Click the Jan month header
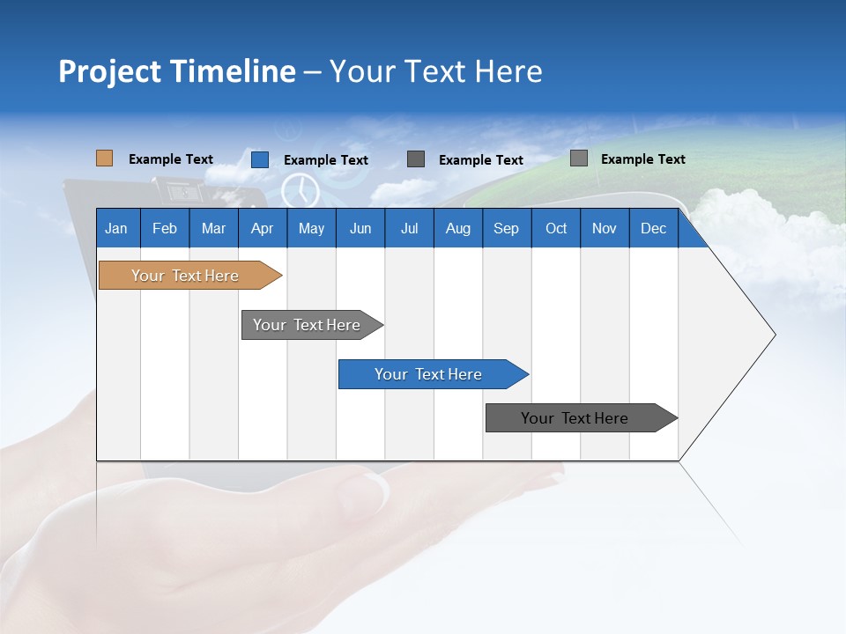point(117,228)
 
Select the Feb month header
point(165,228)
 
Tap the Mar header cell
point(213,228)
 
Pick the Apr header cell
point(263,228)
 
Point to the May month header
point(311,228)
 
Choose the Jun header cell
point(360,228)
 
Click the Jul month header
point(409,228)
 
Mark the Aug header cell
point(458,228)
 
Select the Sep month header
point(507,228)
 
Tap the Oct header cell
point(556,228)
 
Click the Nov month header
point(605,228)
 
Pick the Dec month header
point(654,228)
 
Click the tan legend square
point(104,158)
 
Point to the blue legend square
point(260,159)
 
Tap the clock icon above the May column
point(301,190)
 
